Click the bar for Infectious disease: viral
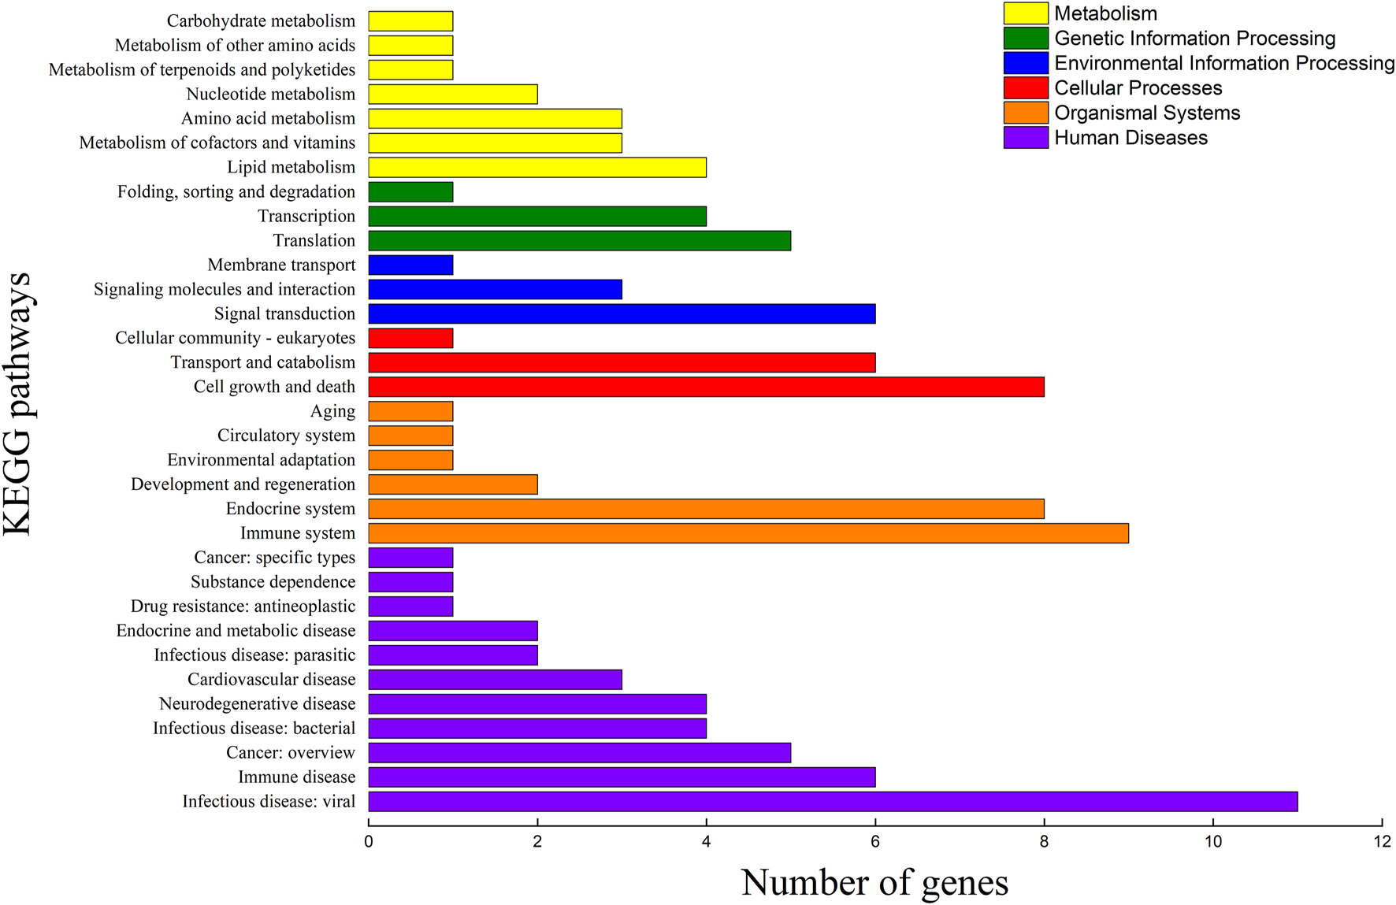click(832, 801)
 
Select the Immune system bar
click(748, 533)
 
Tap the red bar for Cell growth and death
click(706, 387)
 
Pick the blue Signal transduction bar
click(622, 313)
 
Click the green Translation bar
click(579, 240)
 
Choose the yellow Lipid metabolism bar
click(536, 167)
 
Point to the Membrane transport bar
click(410, 265)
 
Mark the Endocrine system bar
click(706, 509)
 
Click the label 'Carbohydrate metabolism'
click(261, 21)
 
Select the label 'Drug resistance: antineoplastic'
click(243, 606)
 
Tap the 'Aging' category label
click(332, 411)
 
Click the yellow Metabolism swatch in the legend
click(1026, 13)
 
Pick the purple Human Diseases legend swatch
click(1026, 138)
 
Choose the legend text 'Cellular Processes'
click(1138, 88)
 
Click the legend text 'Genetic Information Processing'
click(1194, 39)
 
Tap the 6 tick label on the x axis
click(875, 841)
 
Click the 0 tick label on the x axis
click(369, 841)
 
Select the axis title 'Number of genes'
click(874, 882)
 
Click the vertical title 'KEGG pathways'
click(17, 403)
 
